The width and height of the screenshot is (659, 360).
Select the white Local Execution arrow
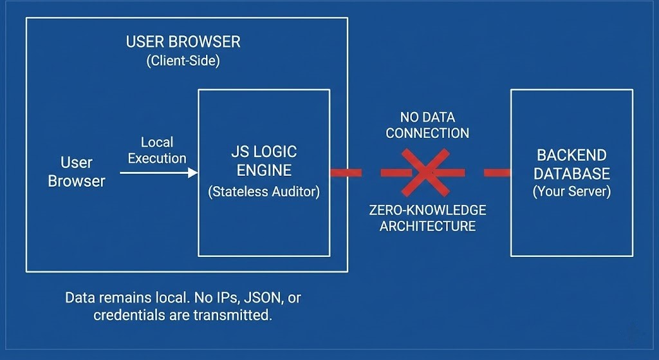pos(159,173)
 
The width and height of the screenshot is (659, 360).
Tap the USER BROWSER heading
pos(183,43)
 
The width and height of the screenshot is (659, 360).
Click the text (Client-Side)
pos(183,61)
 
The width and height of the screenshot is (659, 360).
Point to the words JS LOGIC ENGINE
pos(264,162)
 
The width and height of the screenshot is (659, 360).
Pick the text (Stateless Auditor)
pos(264,193)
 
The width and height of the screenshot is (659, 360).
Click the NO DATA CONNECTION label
pos(427,125)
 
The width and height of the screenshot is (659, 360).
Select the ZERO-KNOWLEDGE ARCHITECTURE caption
pos(427,218)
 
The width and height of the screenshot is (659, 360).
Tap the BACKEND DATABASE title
pos(571,165)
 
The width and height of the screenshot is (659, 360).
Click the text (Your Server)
pos(571,192)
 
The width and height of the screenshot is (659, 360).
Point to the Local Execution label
pos(157,150)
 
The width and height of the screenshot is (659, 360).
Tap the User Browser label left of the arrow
pos(77,172)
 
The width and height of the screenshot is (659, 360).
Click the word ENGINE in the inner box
pos(264,171)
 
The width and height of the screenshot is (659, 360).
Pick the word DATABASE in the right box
pos(571,174)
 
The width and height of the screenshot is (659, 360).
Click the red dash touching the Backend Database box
pos(497,172)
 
